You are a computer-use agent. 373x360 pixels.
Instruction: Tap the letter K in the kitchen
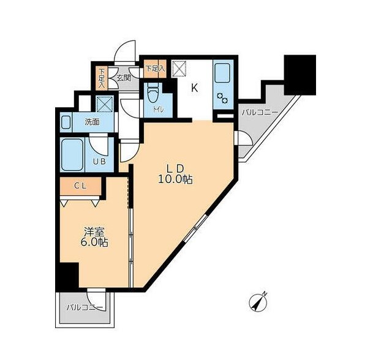tap(195, 88)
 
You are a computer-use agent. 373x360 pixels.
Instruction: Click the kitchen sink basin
tap(223, 72)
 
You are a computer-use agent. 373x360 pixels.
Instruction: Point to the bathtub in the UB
tap(72, 155)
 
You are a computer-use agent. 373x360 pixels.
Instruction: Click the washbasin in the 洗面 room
tap(66, 122)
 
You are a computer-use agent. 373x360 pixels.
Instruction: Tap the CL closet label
tap(80, 186)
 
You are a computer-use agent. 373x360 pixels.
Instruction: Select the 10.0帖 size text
tap(175, 179)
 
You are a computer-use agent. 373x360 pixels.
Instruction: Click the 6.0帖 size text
tap(94, 242)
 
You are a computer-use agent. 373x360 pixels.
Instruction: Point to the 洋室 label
tap(94, 232)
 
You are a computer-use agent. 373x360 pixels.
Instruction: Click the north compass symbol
tap(258, 302)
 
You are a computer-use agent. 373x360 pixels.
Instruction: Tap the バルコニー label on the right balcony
tap(260, 113)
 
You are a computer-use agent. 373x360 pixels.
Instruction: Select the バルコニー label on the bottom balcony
tap(85, 307)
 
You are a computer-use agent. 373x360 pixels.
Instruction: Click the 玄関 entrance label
tap(124, 78)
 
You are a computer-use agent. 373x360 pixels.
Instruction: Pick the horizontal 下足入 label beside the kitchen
tap(156, 69)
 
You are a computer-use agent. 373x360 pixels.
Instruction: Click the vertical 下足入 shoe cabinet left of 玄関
tap(102, 79)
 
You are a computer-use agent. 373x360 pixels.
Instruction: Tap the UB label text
tap(99, 162)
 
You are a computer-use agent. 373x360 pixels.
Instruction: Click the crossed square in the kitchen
tap(179, 69)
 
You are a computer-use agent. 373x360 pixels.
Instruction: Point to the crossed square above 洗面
tap(105, 103)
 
